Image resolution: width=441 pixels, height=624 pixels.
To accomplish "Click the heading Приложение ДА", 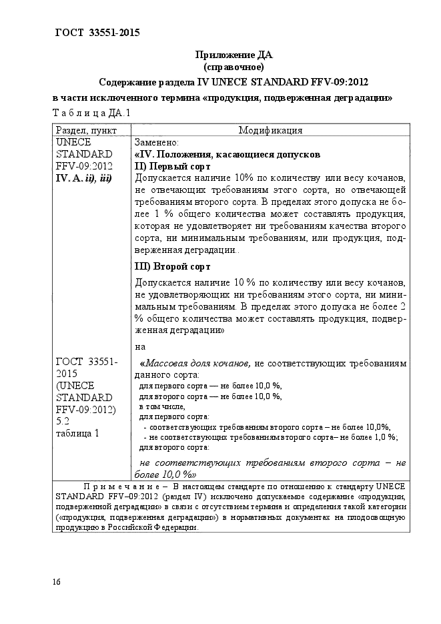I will click(x=234, y=55).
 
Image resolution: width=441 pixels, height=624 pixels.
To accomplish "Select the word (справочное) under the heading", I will click(x=234, y=67).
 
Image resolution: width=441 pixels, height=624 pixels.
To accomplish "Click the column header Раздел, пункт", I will click(x=87, y=130).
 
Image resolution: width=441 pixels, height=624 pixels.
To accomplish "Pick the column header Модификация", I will click(x=270, y=130).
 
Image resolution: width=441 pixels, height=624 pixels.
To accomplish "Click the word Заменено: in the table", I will click(x=156, y=142).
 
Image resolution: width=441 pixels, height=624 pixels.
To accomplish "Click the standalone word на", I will click(x=140, y=346).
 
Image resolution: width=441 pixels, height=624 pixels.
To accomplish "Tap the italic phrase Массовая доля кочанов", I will click(x=197, y=364).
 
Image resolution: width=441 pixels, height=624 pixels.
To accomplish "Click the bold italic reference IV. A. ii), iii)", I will click(x=83, y=178).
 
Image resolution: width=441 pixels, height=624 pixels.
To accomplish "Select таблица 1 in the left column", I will click(x=78, y=433).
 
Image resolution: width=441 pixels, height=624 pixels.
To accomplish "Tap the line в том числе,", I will click(x=161, y=406).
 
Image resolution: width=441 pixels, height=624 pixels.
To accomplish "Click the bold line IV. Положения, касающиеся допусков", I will click(x=227, y=154).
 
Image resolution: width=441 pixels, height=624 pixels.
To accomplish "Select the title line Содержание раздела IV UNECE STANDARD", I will click(x=234, y=82).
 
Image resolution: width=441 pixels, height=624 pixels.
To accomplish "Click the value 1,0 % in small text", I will click(x=382, y=437).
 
